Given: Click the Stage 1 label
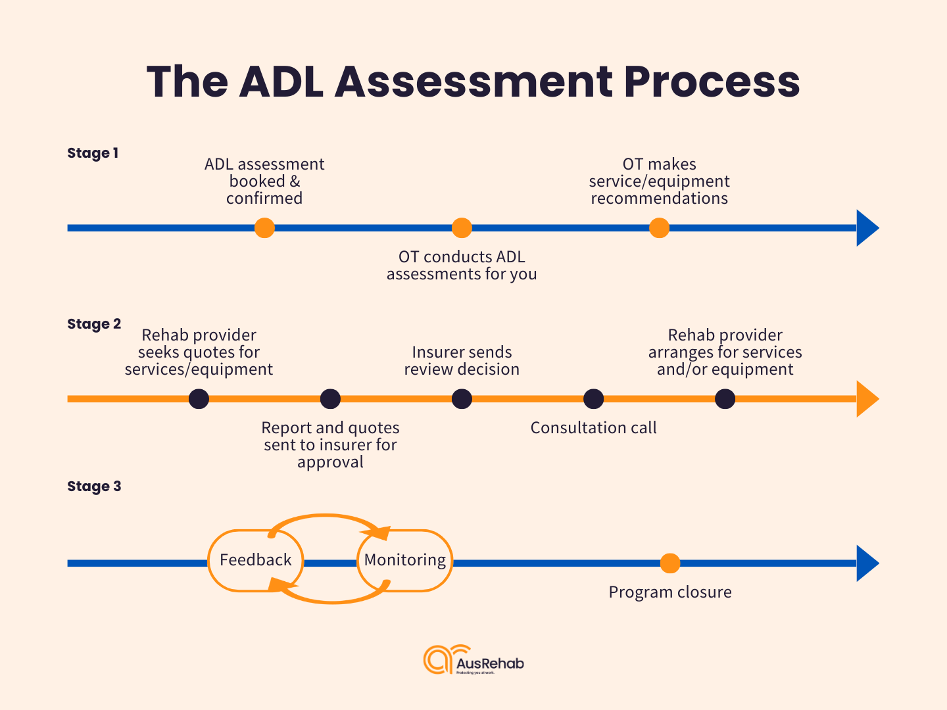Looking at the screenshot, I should (93, 153).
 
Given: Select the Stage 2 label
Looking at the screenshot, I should (94, 324).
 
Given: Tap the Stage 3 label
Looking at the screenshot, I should (94, 486).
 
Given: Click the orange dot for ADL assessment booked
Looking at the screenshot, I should (264, 228).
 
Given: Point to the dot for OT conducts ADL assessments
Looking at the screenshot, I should (462, 228).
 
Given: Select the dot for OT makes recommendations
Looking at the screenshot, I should (659, 228).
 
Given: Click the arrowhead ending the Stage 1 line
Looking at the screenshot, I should (867, 228).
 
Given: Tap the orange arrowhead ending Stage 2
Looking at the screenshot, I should (867, 399).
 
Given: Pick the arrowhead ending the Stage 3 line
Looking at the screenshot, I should (867, 563).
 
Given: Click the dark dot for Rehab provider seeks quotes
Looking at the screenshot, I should (199, 399).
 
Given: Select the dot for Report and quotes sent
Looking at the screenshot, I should (330, 399).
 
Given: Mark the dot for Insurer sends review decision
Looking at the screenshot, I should (462, 399).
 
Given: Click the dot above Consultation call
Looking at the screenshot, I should (593, 399).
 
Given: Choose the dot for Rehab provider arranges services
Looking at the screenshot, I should (725, 399).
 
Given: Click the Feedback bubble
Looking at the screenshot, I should (255, 560).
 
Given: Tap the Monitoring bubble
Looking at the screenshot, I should (405, 560).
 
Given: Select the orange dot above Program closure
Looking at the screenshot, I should (669, 563).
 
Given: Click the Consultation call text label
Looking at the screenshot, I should (593, 428).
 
